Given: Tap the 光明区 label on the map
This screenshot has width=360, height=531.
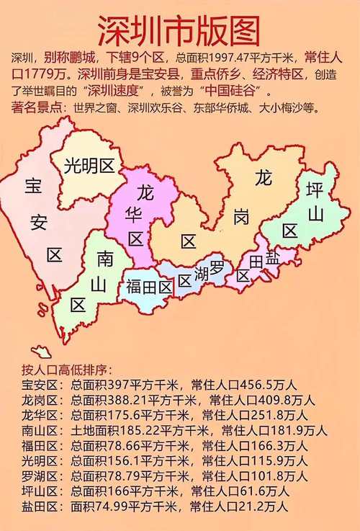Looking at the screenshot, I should [89, 166].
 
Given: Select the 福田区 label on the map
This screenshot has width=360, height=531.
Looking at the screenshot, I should [148, 287].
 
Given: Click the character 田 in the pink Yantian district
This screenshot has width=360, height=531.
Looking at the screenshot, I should [255, 260].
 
